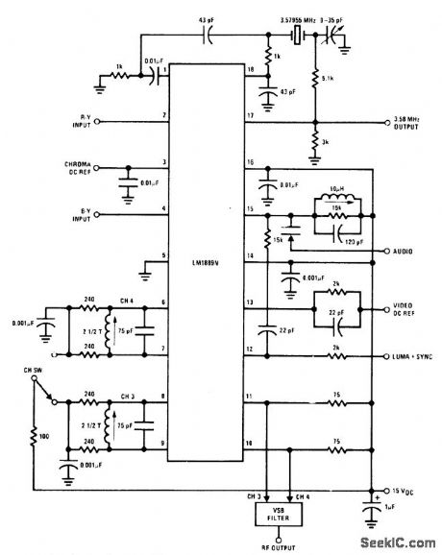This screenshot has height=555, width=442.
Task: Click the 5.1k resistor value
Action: pos(328,80)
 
